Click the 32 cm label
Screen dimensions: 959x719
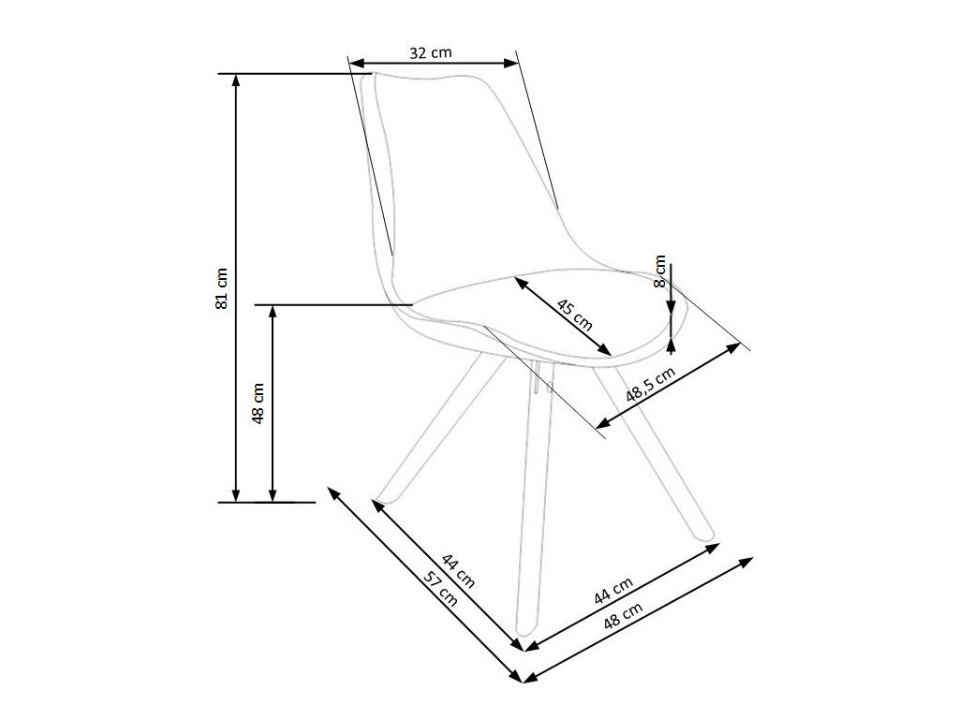click(431, 53)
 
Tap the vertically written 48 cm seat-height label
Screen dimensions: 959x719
click(259, 403)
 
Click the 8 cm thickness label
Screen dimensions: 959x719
click(659, 271)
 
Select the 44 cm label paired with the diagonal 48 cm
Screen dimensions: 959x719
click(613, 590)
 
